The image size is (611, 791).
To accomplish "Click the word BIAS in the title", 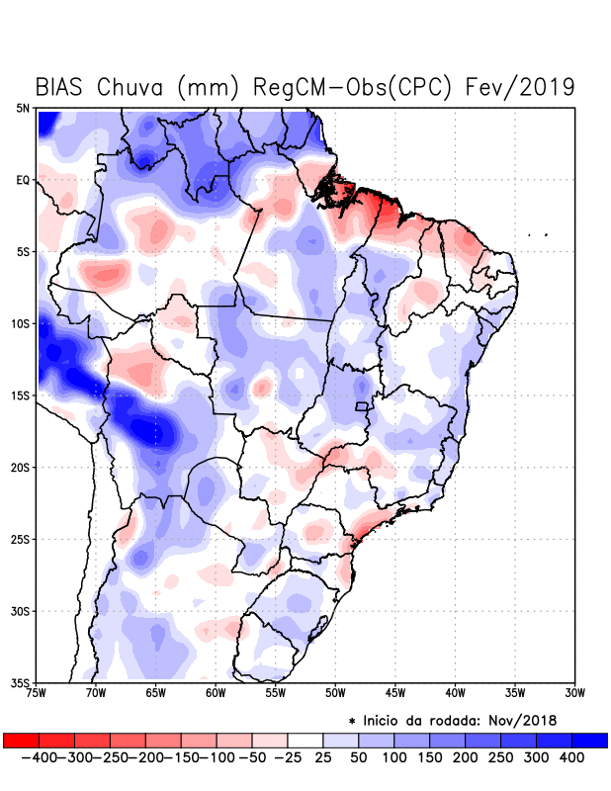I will tap(61, 87).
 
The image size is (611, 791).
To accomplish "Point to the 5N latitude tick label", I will tap(22, 109).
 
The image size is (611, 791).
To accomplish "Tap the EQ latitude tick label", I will tap(22, 180).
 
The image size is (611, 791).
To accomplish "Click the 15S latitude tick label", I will tap(20, 395).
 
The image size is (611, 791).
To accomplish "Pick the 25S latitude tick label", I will tap(20, 539).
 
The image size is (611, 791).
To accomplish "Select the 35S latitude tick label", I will tap(20, 682).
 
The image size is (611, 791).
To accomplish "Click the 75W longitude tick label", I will tap(36, 692).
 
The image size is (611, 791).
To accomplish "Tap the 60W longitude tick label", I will tap(215, 692).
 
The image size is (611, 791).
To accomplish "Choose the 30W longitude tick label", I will tap(574, 692).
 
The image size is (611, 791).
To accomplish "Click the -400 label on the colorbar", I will tap(38, 756).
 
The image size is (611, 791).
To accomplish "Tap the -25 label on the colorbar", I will tap(288, 756).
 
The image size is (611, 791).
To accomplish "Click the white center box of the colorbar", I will tap(305, 740).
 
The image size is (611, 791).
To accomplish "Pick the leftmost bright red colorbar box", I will tap(21, 740).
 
